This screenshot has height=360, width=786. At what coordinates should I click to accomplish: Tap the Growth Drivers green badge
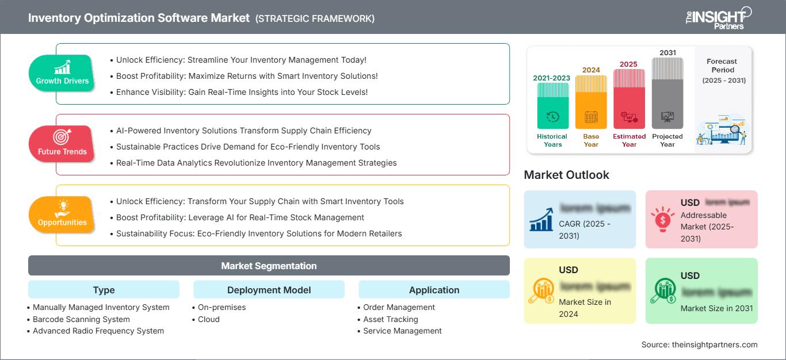pyautogui.click(x=62, y=73)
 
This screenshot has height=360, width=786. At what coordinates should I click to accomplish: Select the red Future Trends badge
pyautogui.click(x=62, y=144)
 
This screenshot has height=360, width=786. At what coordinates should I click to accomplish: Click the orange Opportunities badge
pyautogui.click(x=62, y=215)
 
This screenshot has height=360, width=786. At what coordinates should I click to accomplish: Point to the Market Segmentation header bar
pyautogui.click(x=269, y=266)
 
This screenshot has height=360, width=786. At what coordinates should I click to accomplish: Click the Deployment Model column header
pyautogui.click(x=269, y=290)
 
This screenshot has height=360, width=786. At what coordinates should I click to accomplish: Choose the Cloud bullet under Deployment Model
pyautogui.click(x=208, y=319)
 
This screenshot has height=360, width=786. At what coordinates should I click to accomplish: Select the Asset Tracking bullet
pyautogui.click(x=390, y=319)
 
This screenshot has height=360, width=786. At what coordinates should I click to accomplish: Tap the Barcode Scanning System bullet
pyautogui.click(x=81, y=319)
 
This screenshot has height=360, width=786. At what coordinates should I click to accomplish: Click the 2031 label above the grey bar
pyautogui.click(x=667, y=53)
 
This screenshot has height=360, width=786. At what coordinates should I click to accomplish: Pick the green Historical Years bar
pyautogui.click(x=552, y=106)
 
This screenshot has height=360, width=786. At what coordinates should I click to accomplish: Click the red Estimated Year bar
pyautogui.click(x=629, y=98)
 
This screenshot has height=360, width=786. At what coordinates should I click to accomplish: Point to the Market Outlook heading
pyautogui.click(x=566, y=175)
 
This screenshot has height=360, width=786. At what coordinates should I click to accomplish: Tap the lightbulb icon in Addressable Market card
pyautogui.click(x=662, y=219)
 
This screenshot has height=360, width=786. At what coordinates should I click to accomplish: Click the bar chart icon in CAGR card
pyautogui.click(x=541, y=219)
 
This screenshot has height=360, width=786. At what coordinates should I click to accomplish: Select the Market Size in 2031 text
pyautogui.click(x=716, y=308)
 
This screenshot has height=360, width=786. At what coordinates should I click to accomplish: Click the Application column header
pyautogui.click(x=434, y=290)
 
